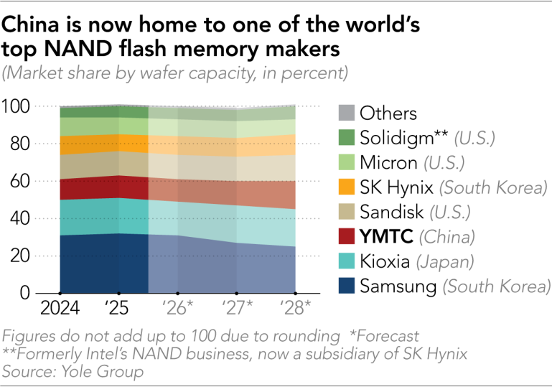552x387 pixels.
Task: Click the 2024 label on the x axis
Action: (x=60, y=309)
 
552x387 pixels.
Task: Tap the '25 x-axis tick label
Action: (x=118, y=309)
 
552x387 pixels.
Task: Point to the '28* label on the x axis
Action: (x=295, y=309)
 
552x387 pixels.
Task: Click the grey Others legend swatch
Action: (x=346, y=113)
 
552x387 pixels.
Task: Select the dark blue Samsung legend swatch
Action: (x=346, y=286)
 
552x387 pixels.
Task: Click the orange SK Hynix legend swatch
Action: (x=346, y=187)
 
